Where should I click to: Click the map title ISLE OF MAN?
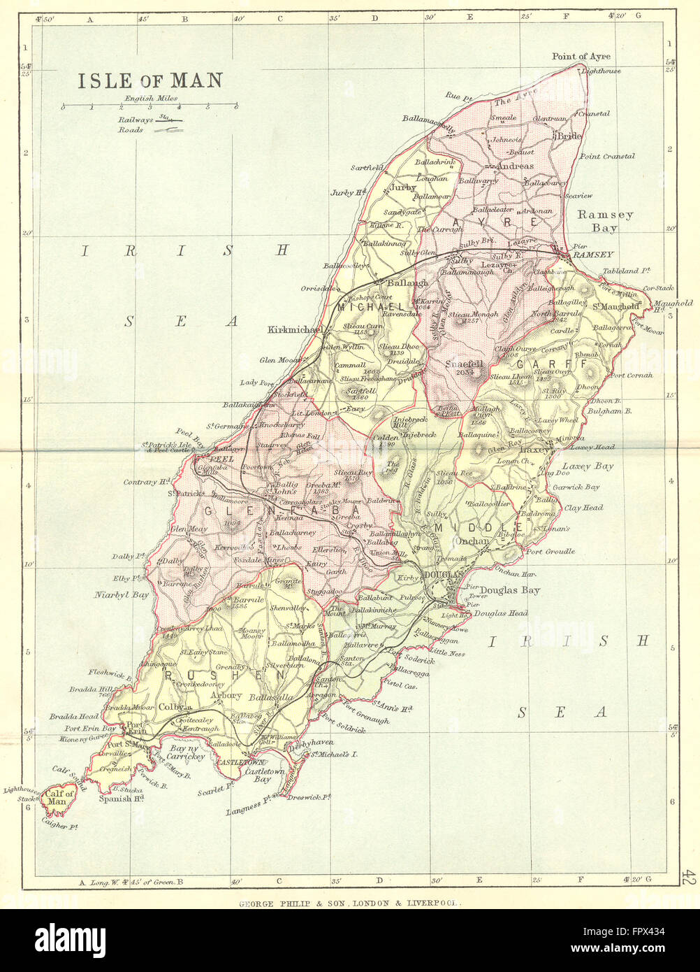coord(150,80)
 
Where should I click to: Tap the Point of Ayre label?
coord(581,57)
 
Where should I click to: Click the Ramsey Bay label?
coord(604,221)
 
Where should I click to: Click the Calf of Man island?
coord(57,797)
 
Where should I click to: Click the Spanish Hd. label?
coord(121,798)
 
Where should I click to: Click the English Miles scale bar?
coord(149,107)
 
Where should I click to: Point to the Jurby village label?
coord(403,187)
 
